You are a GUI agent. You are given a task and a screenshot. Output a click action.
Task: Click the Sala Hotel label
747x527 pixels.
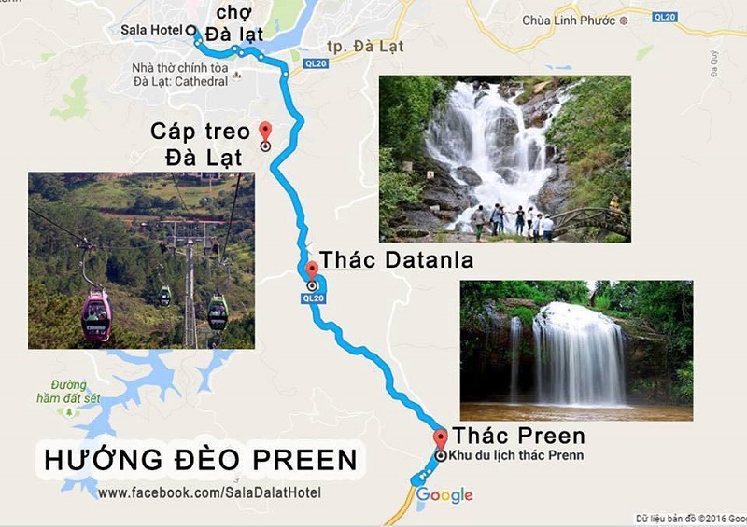151,30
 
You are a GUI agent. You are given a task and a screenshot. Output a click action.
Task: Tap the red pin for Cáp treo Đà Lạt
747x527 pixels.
265,131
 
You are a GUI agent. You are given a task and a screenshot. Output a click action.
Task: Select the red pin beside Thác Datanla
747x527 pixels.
311,270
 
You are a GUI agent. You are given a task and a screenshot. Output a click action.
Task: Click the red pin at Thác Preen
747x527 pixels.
441,439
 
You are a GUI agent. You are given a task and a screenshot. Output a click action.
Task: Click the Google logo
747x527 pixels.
444,495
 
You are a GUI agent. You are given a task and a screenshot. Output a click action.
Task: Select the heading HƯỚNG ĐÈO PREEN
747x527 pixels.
201,460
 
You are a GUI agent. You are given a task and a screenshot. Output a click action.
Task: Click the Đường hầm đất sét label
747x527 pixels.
69,391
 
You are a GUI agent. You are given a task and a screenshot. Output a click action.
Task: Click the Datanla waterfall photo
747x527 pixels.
504,159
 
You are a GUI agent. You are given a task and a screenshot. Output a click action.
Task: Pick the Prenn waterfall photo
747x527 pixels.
576,350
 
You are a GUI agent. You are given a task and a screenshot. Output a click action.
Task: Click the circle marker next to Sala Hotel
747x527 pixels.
190,30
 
